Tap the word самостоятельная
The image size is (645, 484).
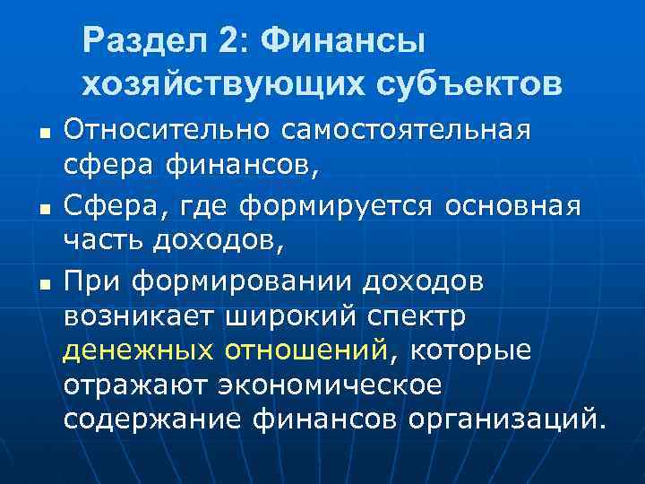click(407, 128)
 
